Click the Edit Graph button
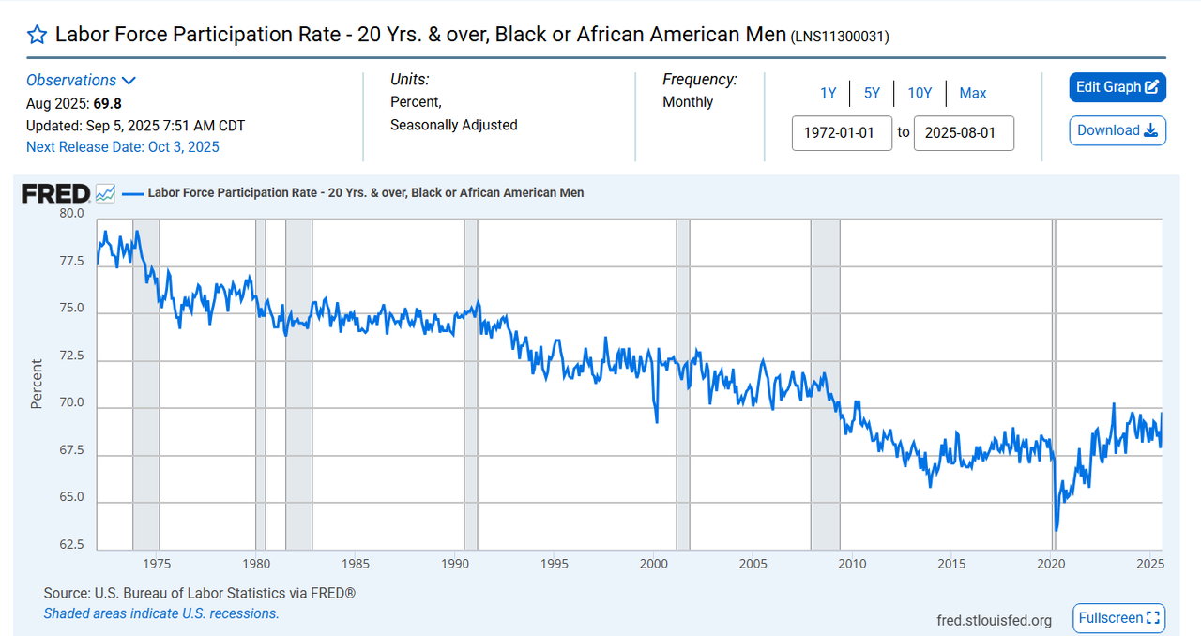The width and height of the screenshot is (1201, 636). pyautogui.click(x=1117, y=87)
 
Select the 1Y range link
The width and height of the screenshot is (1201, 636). pyautogui.click(x=828, y=93)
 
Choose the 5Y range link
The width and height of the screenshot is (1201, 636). pyautogui.click(x=872, y=93)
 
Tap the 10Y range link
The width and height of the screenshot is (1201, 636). pyautogui.click(x=920, y=93)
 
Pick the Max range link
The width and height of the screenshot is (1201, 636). pyautogui.click(x=973, y=93)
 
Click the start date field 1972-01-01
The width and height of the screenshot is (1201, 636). pyautogui.click(x=842, y=132)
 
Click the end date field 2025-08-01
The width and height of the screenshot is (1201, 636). pyautogui.click(x=964, y=132)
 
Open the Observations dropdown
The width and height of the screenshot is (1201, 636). pyautogui.click(x=82, y=81)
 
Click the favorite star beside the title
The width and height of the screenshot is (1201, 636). pyautogui.click(x=37, y=36)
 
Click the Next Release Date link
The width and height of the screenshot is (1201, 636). pyautogui.click(x=123, y=146)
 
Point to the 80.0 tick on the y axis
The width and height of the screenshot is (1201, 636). pyautogui.click(x=71, y=213)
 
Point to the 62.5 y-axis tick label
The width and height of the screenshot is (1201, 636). pyautogui.click(x=71, y=545)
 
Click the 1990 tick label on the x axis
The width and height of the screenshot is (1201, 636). pyautogui.click(x=454, y=564)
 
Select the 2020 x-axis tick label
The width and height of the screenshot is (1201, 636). pyautogui.click(x=1051, y=564)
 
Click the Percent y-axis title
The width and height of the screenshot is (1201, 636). pyautogui.click(x=37, y=384)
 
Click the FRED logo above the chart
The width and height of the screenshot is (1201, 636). pyautogui.click(x=56, y=193)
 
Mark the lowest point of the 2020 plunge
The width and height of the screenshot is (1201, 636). pyautogui.click(x=1057, y=530)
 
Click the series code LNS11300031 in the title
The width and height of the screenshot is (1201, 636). pyautogui.click(x=840, y=37)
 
